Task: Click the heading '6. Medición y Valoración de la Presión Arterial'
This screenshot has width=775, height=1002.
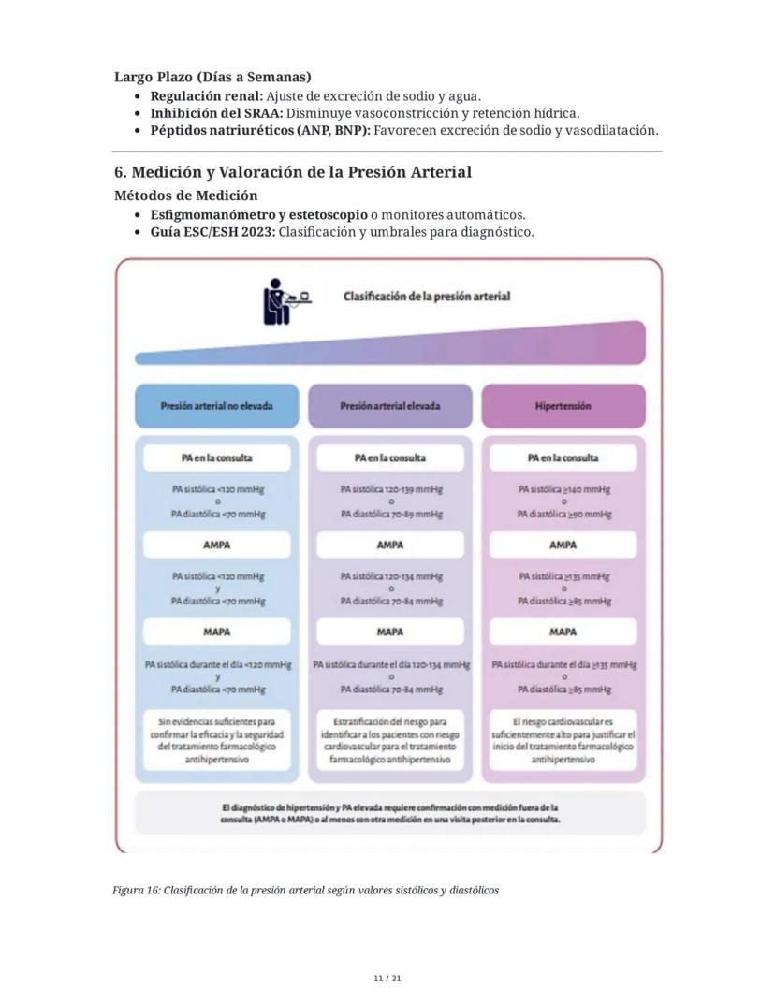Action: click(x=292, y=172)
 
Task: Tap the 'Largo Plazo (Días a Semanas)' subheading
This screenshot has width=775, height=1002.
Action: click(x=212, y=77)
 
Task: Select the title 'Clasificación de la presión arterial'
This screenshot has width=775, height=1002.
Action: click(x=426, y=296)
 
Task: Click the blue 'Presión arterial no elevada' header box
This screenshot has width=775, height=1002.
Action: click(x=216, y=406)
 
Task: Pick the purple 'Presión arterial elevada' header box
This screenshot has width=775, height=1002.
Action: click(x=390, y=406)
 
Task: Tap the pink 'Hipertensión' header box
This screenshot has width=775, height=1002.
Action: click(x=563, y=406)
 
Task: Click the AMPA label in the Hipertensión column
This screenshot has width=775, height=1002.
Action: click(x=563, y=545)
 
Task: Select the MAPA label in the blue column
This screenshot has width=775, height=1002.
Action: click(x=216, y=632)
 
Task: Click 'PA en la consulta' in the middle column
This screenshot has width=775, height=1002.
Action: click(x=390, y=458)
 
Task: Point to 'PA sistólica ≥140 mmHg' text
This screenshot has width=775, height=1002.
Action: click(x=563, y=488)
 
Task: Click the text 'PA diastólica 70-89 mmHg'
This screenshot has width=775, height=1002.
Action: click(x=390, y=514)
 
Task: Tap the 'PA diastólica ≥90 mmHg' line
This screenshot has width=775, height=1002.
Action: click(x=563, y=514)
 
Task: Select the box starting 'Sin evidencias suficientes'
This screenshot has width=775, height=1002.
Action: click(x=216, y=741)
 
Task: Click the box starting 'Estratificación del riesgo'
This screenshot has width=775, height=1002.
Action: click(x=390, y=741)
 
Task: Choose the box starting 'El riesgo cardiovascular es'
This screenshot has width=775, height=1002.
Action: click(x=563, y=741)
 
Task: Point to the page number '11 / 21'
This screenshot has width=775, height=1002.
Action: click(x=387, y=978)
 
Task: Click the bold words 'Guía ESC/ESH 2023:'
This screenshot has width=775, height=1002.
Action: click(x=212, y=232)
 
